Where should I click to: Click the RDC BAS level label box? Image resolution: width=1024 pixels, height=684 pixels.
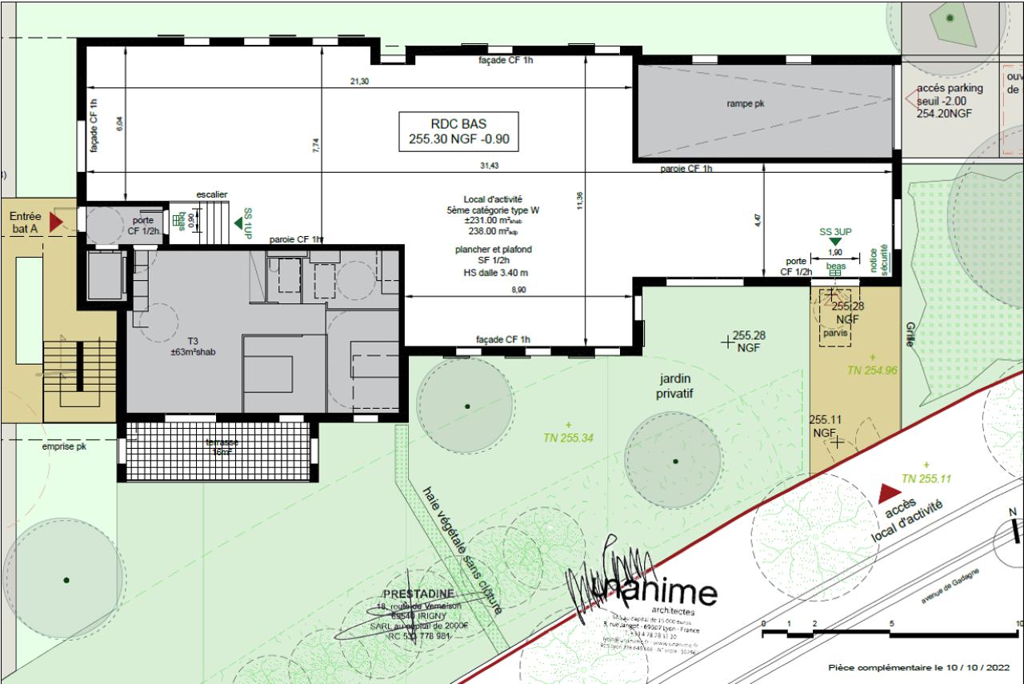click(x=458, y=131)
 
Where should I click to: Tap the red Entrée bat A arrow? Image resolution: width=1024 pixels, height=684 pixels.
click(x=56, y=222)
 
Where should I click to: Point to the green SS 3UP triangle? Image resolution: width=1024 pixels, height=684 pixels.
click(x=835, y=242)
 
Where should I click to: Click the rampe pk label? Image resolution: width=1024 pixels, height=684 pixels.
click(x=746, y=104)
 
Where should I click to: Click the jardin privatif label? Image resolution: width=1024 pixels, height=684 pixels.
click(x=674, y=386)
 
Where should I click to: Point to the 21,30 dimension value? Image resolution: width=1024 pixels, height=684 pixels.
click(x=359, y=82)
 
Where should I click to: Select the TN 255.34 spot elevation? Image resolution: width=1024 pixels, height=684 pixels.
click(x=568, y=438)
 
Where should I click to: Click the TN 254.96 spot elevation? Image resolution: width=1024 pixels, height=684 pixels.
click(x=872, y=370)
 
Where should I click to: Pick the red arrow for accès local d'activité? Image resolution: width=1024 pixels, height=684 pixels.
click(x=887, y=494)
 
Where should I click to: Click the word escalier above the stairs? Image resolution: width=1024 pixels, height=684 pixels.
click(x=212, y=194)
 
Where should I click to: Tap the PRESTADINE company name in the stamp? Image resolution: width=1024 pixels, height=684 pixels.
click(x=418, y=594)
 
